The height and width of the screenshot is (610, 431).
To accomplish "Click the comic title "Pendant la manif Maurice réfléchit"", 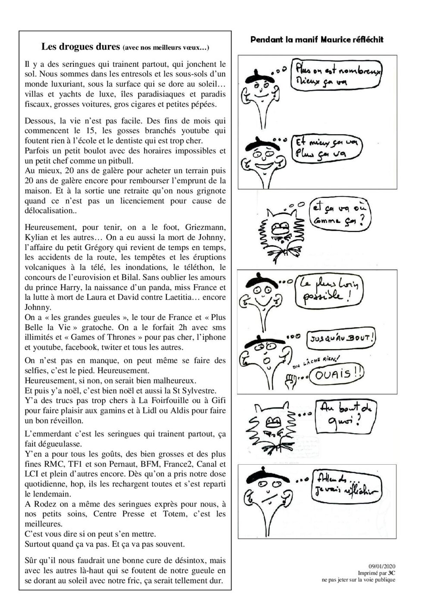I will click(x=317, y=40).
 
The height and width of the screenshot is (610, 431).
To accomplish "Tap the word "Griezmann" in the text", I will click(x=206, y=227).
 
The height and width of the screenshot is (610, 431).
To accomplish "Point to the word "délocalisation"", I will click(x=48, y=210).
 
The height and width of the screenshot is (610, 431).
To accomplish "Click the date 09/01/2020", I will click(x=382, y=566).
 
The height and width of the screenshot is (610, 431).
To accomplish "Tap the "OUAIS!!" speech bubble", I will click(x=338, y=372).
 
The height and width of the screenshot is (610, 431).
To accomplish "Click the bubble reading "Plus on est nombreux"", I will click(x=336, y=75).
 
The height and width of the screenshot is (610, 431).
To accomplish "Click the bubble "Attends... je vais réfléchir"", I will click(x=346, y=485).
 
